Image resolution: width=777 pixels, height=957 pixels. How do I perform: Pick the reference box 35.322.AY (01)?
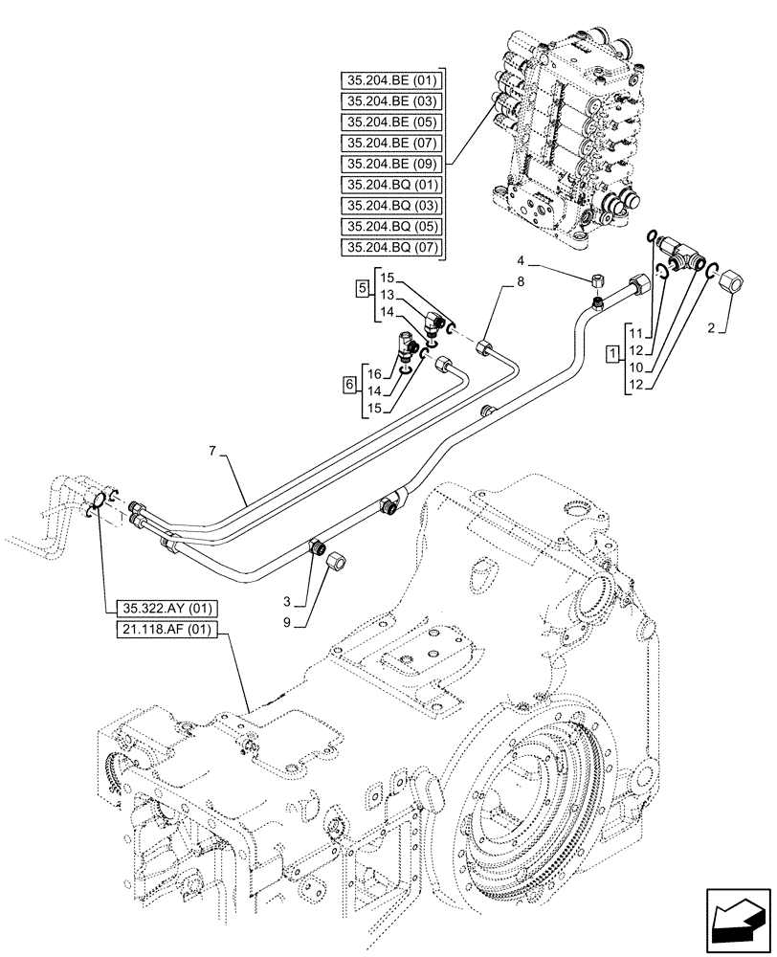(166, 608)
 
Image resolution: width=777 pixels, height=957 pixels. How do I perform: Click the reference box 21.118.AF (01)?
(166, 629)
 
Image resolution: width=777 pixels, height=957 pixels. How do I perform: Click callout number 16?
(375, 374)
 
